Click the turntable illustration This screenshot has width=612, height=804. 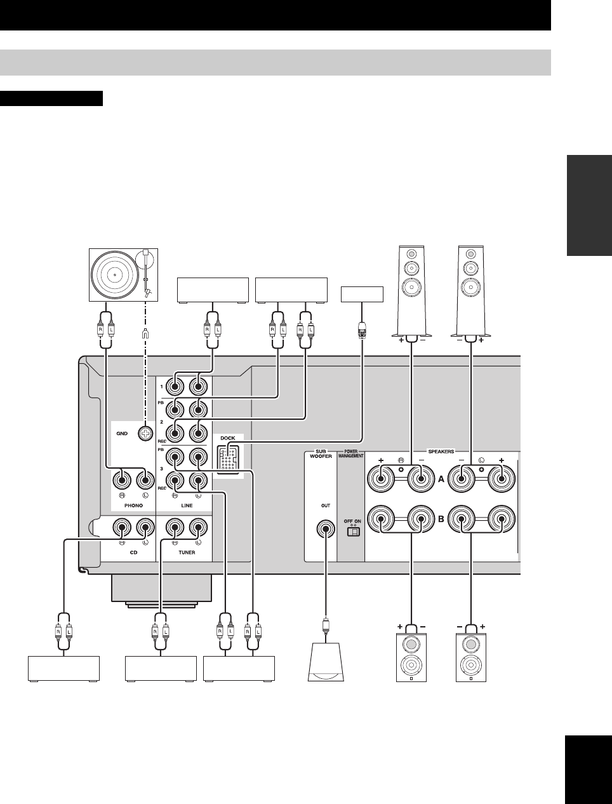tap(122, 275)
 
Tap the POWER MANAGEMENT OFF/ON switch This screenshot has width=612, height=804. tap(352, 532)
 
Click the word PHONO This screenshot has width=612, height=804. tap(134, 506)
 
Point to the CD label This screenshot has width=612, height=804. tap(133, 553)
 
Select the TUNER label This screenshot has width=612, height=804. tap(187, 553)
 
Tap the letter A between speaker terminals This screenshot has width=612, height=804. tap(441, 480)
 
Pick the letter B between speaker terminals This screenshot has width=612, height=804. tap(441, 519)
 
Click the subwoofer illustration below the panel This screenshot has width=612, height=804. tap(326, 662)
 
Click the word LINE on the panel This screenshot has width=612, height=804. tap(187, 506)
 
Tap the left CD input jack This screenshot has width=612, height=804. tap(146, 526)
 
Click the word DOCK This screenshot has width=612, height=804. tap(227, 438)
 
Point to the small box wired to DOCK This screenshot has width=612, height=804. tap(362, 294)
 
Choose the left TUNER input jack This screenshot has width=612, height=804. tap(199, 526)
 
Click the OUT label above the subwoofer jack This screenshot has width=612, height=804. tap(326, 506)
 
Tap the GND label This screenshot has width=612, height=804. tap(122, 434)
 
